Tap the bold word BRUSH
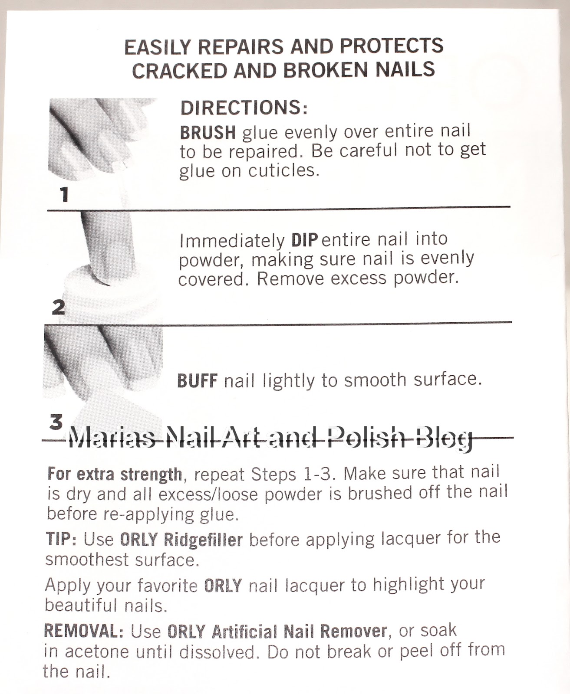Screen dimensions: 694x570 [x=208, y=132]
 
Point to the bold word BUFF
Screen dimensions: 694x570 [x=197, y=381]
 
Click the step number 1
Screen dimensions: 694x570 [x=65, y=194]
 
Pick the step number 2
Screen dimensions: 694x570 [x=58, y=307]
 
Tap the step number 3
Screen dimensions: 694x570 [x=56, y=422]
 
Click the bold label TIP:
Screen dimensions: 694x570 [x=61, y=539]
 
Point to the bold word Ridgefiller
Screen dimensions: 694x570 [x=204, y=540]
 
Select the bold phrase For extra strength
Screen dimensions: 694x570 [x=115, y=474]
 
